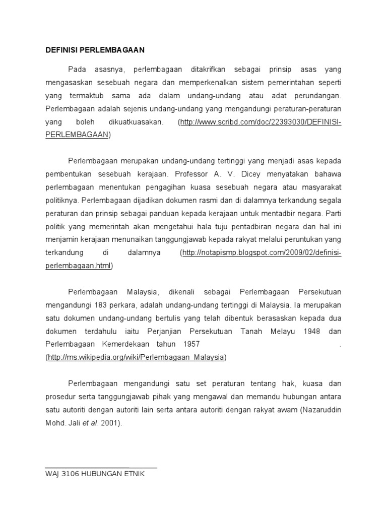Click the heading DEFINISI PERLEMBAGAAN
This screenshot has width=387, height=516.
[95, 50]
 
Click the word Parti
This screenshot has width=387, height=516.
[333, 213]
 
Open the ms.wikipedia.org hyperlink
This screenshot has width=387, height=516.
[136, 357]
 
